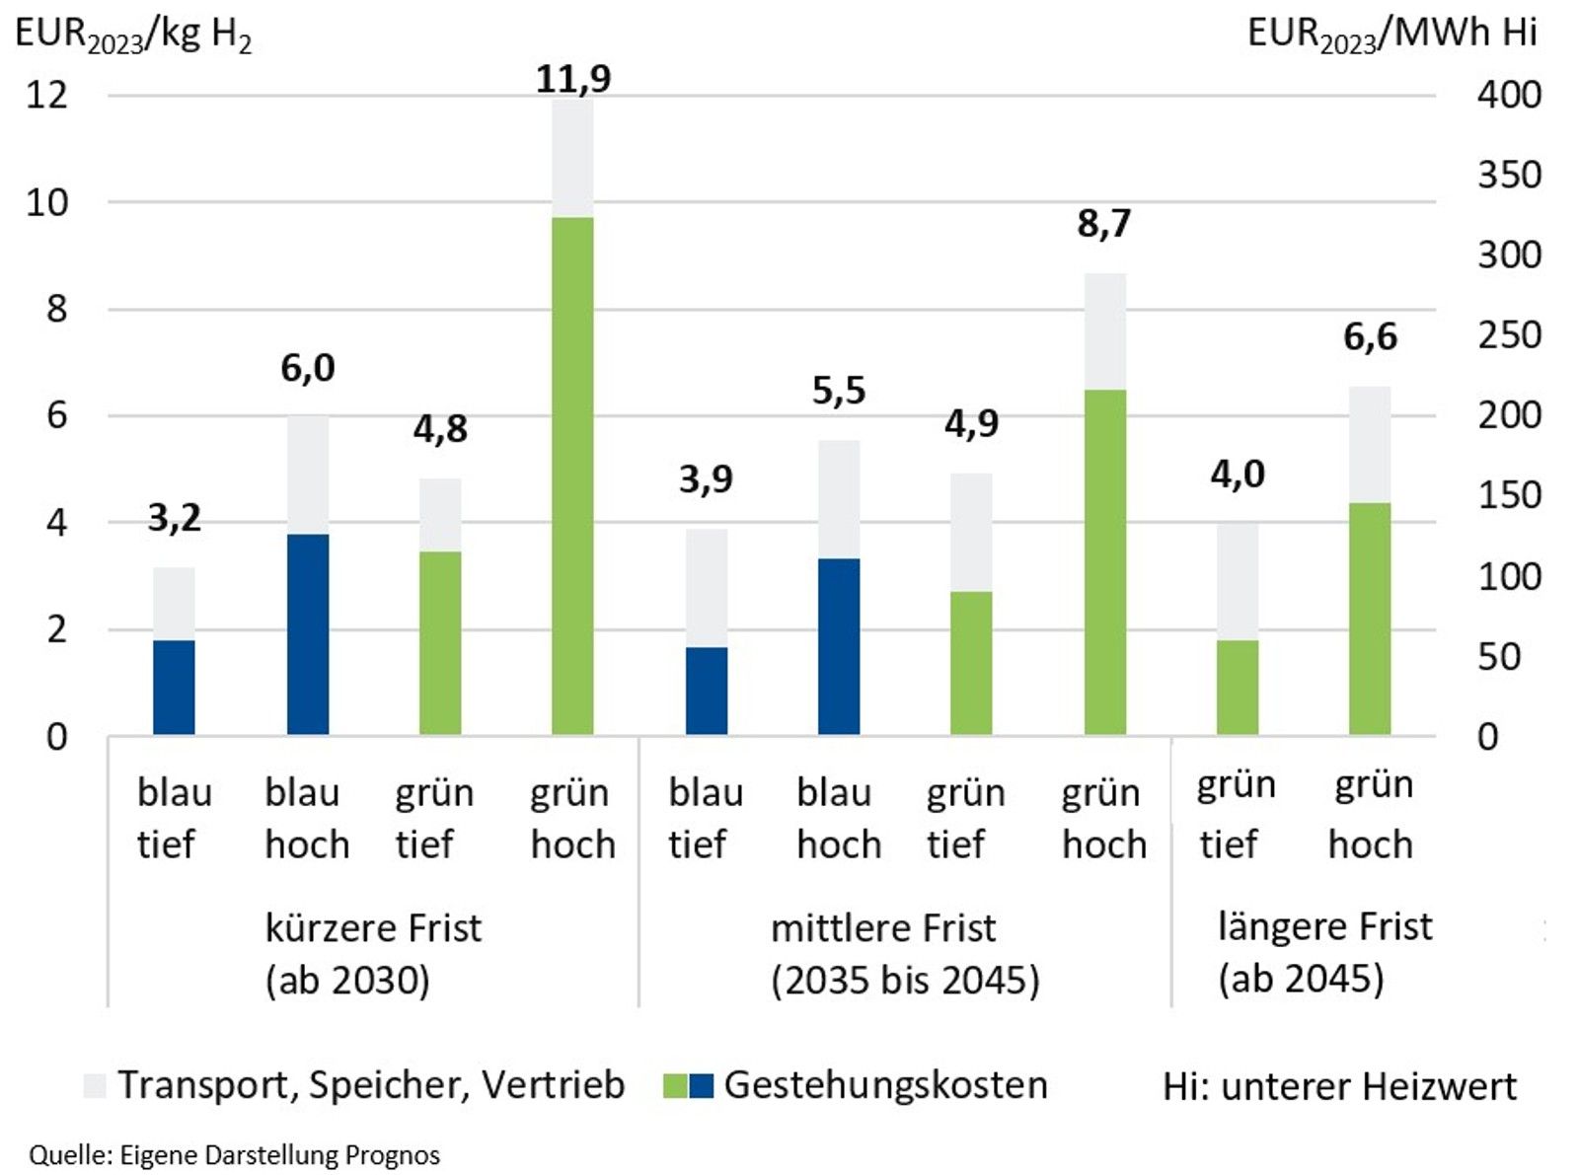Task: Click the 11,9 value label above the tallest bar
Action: [x=573, y=79]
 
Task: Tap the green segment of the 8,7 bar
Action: [x=1104, y=562]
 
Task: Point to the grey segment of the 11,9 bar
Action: [x=573, y=158]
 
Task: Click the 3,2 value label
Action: [x=175, y=518]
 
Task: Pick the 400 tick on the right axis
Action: [x=1509, y=95]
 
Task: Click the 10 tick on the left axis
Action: [x=47, y=202]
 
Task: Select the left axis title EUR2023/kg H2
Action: [x=133, y=36]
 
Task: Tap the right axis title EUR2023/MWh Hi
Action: [x=1391, y=35]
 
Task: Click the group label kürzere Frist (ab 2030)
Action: [x=373, y=954]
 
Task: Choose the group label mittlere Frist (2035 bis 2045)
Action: [x=904, y=954]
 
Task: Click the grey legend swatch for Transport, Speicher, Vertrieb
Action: [x=95, y=1086]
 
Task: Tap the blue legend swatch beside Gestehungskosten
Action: [x=701, y=1086]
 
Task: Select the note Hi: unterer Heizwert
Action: [x=1339, y=1086]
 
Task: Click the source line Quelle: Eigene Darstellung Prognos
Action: [x=235, y=1155]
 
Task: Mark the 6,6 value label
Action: [x=1370, y=337]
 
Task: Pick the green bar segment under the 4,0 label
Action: [x=1238, y=688]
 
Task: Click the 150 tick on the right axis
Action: [x=1509, y=495]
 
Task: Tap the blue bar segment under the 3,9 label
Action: [x=707, y=691]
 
